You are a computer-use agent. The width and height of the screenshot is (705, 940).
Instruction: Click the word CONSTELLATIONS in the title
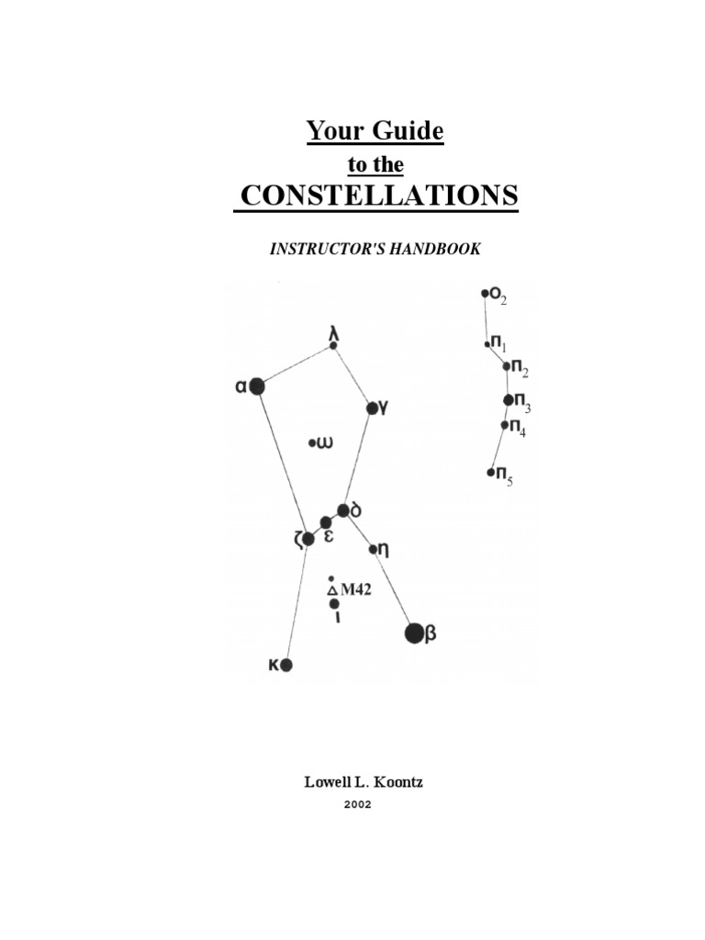[x=376, y=196]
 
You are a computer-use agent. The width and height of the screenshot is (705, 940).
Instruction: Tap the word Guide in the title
[x=407, y=131]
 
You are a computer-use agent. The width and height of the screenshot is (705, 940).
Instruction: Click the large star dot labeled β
[x=414, y=632]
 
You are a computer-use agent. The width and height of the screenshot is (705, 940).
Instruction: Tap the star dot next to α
[x=257, y=386]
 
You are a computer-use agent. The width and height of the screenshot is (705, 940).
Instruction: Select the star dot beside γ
[x=371, y=408]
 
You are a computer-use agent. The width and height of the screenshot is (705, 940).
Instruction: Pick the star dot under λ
[x=333, y=346]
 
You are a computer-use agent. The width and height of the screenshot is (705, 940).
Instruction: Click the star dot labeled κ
[x=285, y=665]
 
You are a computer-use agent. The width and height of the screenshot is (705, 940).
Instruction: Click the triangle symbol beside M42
[x=332, y=591]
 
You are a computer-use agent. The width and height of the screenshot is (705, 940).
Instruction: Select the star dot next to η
[x=374, y=550]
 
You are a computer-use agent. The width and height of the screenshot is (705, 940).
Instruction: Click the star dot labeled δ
[x=342, y=509]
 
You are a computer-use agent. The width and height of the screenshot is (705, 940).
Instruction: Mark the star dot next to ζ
[x=308, y=539]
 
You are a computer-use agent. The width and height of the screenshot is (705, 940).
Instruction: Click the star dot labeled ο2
[x=485, y=294]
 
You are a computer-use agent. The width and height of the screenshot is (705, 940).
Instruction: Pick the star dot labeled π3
[x=509, y=399]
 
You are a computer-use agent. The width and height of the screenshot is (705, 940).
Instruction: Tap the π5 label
[x=504, y=475]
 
